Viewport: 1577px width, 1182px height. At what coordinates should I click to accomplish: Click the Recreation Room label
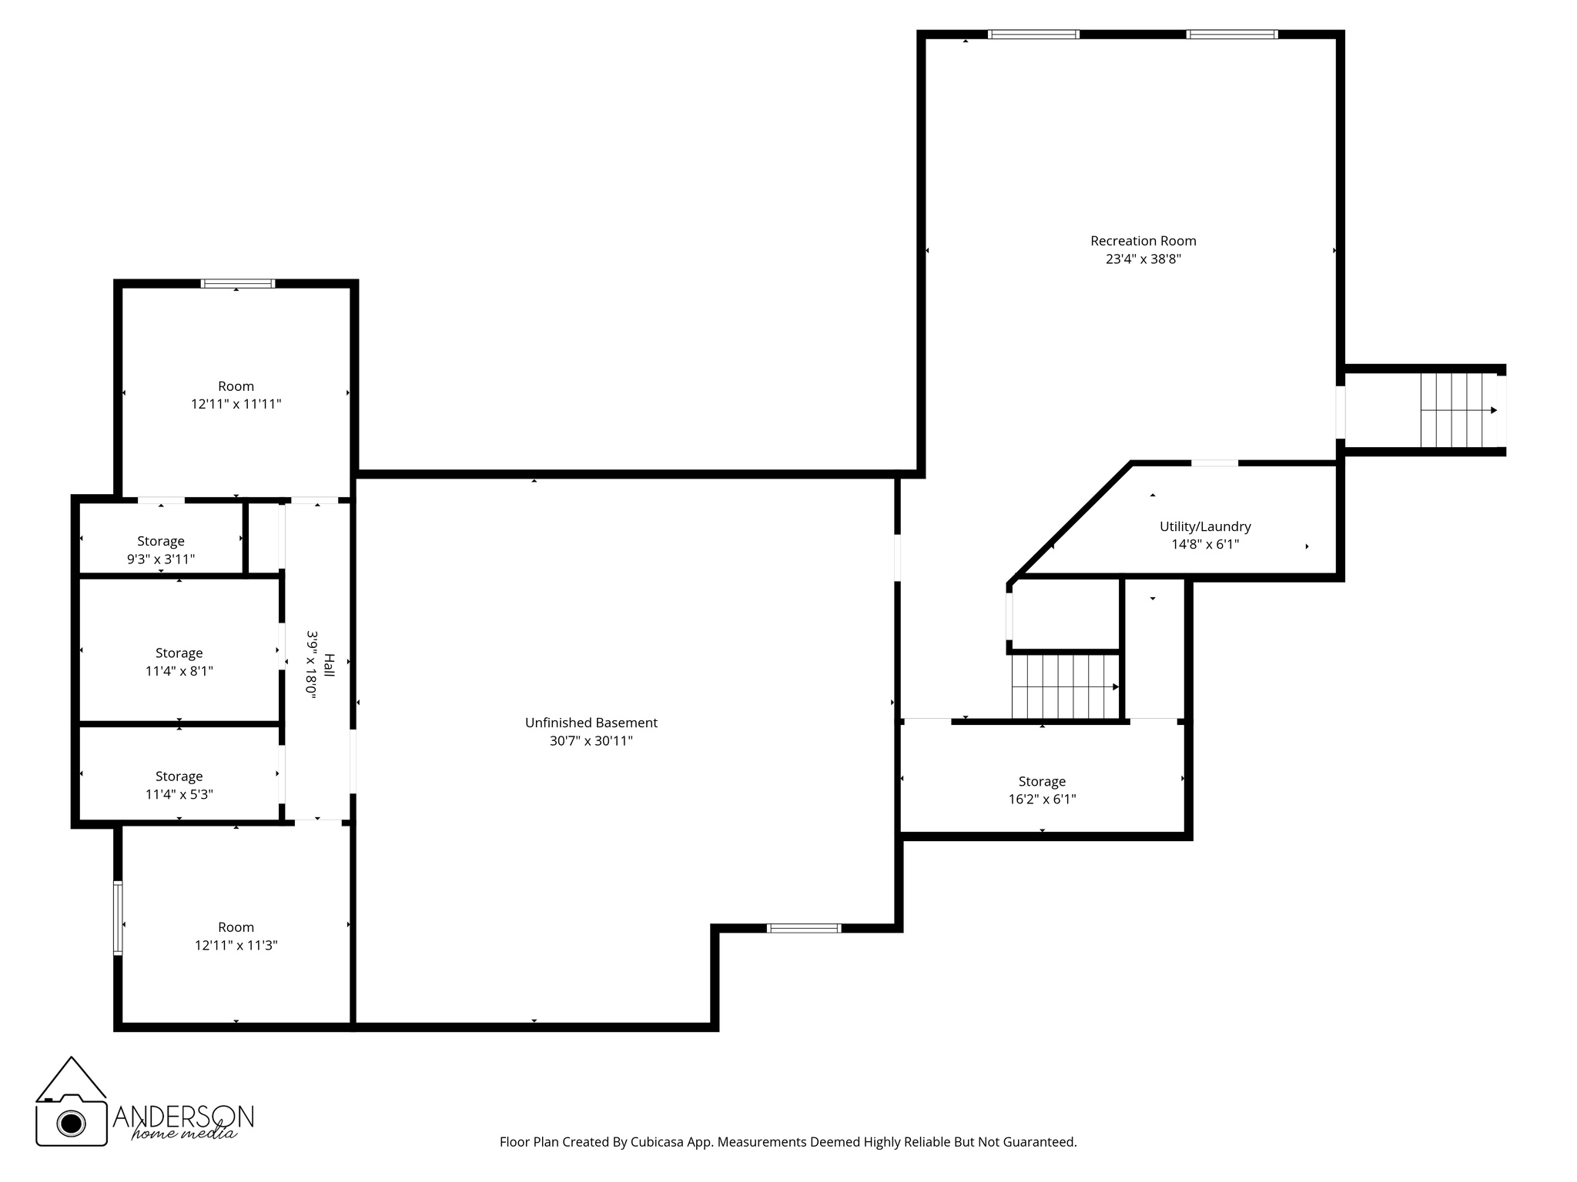(x=1143, y=241)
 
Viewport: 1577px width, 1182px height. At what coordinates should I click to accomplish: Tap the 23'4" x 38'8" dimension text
(x=1143, y=259)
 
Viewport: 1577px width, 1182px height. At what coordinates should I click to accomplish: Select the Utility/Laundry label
(x=1205, y=526)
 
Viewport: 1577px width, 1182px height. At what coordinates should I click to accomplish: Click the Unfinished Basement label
(x=591, y=723)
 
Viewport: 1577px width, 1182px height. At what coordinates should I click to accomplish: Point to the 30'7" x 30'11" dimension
(x=591, y=741)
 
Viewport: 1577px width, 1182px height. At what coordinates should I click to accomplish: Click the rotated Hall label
(x=329, y=665)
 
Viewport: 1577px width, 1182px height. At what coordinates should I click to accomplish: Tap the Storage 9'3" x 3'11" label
(x=161, y=541)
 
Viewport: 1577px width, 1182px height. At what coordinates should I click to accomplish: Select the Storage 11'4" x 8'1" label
(x=179, y=653)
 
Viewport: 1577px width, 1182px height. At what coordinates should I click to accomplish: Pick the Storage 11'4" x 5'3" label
(x=179, y=776)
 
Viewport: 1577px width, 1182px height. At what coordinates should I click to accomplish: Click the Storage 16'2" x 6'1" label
(x=1042, y=781)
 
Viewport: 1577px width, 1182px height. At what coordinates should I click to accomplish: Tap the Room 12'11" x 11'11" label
(x=236, y=386)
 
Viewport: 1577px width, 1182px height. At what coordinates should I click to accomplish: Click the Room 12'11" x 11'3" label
(x=236, y=927)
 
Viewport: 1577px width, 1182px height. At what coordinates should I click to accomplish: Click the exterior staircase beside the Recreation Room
(x=1457, y=410)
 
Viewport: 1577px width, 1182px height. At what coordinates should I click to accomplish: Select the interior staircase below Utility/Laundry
(x=1064, y=686)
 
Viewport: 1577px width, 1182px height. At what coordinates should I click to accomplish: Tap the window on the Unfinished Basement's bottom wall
(x=804, y=928)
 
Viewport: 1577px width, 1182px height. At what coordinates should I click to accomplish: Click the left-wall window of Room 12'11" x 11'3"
(x=118, y=918)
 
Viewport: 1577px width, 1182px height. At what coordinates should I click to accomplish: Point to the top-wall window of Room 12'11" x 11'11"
(x=237, y=283)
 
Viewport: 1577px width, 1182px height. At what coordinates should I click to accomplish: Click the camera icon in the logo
(x=72, y=1122)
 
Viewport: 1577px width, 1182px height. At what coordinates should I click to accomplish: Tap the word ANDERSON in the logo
(x=183, y=1116)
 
